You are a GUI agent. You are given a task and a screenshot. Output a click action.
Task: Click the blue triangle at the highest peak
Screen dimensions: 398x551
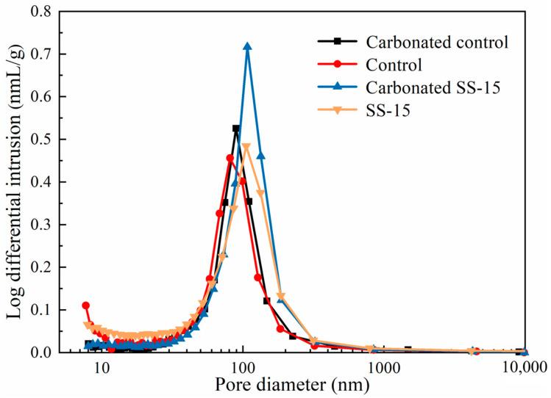247,46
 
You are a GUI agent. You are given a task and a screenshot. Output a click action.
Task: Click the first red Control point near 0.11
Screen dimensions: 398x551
86,305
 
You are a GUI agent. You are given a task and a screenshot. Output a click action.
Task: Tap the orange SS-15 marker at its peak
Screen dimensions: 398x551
246,148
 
